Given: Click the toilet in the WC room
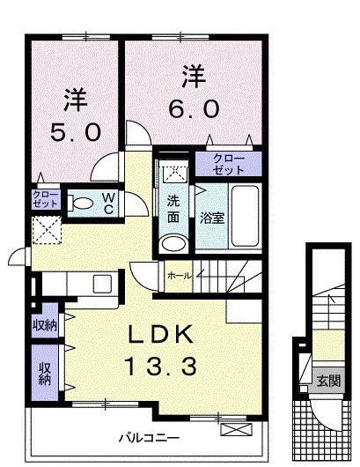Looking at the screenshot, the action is coord(80,204).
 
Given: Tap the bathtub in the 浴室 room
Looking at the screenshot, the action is coord(245,216).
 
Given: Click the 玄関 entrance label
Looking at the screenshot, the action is coord(328,381).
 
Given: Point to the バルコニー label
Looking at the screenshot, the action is coord(150,438).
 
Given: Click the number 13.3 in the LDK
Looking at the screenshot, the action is coord(161,367).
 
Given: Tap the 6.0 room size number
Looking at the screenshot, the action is coord(194,108).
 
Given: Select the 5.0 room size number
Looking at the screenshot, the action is coord(76,132).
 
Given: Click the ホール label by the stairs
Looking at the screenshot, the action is coord(179,276).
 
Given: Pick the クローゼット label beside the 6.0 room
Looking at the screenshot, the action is coord(229,164).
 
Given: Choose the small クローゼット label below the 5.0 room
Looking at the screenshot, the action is coord(45,199).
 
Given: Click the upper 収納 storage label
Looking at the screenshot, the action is coord(45,325).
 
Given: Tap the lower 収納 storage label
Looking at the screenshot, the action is coord(45,374).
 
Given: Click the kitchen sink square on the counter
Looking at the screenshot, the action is coord(102,284).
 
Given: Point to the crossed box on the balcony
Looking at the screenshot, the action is coord(236,429).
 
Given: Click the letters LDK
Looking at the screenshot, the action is coord(161,334).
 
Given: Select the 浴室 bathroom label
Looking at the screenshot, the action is coord(212,219).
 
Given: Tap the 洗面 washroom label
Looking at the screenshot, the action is coord(173,210).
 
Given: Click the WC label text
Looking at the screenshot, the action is coord(108,204).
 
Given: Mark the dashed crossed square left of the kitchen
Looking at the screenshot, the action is coord(47,230).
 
